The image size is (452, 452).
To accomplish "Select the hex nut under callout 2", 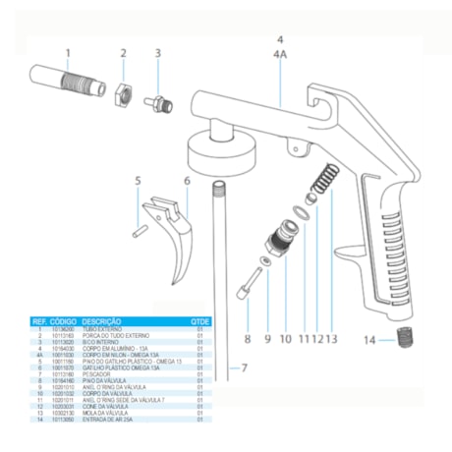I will coord(124,95).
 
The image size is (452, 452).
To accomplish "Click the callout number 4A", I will coord(280,57).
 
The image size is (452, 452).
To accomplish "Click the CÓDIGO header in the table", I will coord(63,320).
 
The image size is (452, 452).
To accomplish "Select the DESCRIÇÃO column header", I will coord(101,320).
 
